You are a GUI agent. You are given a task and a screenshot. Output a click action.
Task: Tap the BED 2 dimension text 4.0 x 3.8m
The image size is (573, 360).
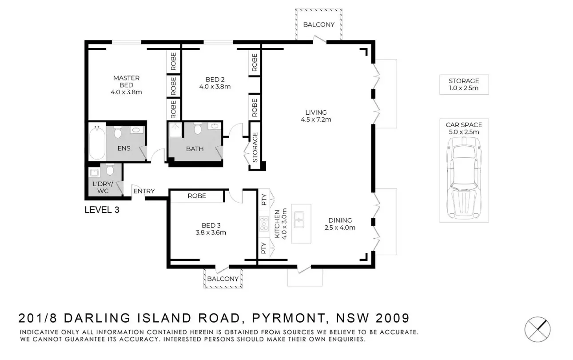pos(215,87)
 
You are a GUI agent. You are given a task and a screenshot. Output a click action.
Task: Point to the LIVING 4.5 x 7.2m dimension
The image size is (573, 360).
pos(316,119)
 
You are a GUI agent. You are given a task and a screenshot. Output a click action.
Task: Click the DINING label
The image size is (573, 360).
pos(340,220)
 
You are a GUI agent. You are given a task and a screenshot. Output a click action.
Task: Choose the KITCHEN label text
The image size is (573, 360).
pos(278,224)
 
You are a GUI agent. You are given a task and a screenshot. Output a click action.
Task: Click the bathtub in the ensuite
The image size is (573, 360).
pos(97,143)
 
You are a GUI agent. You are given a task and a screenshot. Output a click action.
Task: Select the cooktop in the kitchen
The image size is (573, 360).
pos(264,224)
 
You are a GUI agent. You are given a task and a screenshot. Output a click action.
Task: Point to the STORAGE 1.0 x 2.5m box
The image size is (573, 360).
pos(464,84)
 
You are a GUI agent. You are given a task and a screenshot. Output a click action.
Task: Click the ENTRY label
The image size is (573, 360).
pos(144,191)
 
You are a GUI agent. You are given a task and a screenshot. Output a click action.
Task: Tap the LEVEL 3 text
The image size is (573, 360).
pos(102,210)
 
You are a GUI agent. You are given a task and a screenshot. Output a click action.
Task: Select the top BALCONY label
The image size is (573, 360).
pos(318,24)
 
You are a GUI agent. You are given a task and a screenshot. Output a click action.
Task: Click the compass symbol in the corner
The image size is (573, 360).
pos(537,329)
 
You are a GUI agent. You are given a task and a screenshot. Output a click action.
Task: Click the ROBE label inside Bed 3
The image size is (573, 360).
pos(196,196)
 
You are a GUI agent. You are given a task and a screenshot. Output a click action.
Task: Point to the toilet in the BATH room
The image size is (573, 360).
pos(197,129)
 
